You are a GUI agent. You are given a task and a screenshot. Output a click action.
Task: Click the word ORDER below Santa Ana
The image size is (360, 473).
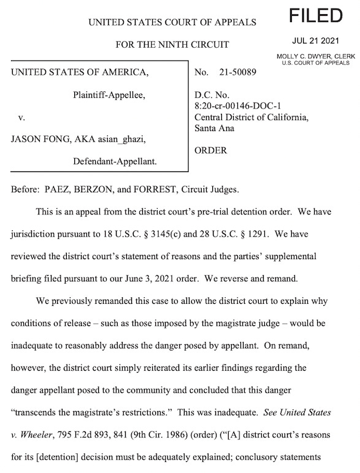(210, 150)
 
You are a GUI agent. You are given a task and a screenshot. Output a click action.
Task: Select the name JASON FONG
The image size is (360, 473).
(37, 139)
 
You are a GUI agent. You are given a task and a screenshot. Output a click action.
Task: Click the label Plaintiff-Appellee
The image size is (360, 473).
(109, 95)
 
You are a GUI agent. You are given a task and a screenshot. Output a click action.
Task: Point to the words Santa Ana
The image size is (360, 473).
(214, 128)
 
